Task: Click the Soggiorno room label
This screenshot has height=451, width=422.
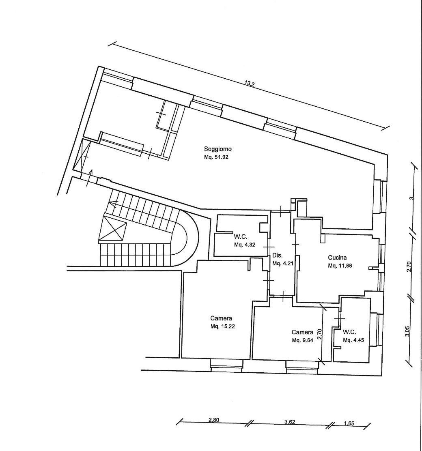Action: click(218, 149)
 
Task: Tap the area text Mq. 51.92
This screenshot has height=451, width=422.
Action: click(216, 157)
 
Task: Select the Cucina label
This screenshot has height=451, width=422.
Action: click(337, 258)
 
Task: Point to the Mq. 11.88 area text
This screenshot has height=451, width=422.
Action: click(340, 266)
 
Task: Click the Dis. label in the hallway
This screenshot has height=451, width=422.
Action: click(278, 256)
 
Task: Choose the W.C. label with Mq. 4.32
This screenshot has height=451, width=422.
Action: click(240, 237)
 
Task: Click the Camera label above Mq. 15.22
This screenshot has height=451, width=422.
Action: click(221, 318)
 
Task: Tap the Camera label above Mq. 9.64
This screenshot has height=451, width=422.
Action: click(303, 332)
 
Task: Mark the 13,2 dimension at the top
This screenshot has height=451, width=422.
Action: click(249, 84)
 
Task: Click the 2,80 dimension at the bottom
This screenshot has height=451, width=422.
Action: click(214, 420)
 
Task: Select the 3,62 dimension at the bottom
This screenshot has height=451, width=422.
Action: click(290, 422)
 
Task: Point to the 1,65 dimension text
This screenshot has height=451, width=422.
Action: click(349, 423)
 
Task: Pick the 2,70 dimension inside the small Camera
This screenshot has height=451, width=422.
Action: click(319, 334)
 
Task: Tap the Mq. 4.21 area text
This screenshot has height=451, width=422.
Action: click(283, 263)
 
